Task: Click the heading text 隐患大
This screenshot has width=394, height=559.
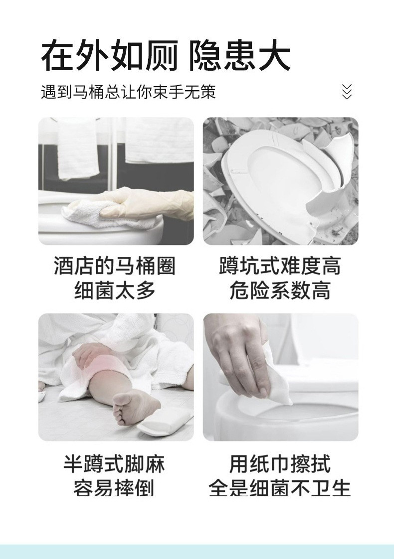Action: (239, 57)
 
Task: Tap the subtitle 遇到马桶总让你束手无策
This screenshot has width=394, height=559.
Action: (128, 92)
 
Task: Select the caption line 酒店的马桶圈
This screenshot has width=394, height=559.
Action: (115, 267)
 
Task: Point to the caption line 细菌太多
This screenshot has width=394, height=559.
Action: (115, 291)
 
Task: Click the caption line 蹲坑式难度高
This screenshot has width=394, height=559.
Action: (280, 267)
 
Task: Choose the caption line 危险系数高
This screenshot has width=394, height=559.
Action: (280, 291)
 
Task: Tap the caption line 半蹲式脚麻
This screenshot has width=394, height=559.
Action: (114, 464)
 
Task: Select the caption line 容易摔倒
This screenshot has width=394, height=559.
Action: (114, 488)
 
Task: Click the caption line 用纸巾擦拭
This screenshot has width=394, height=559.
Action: (280, 464)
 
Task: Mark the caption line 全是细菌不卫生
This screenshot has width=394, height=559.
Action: (280, 488)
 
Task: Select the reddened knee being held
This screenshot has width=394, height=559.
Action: (102, 366)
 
